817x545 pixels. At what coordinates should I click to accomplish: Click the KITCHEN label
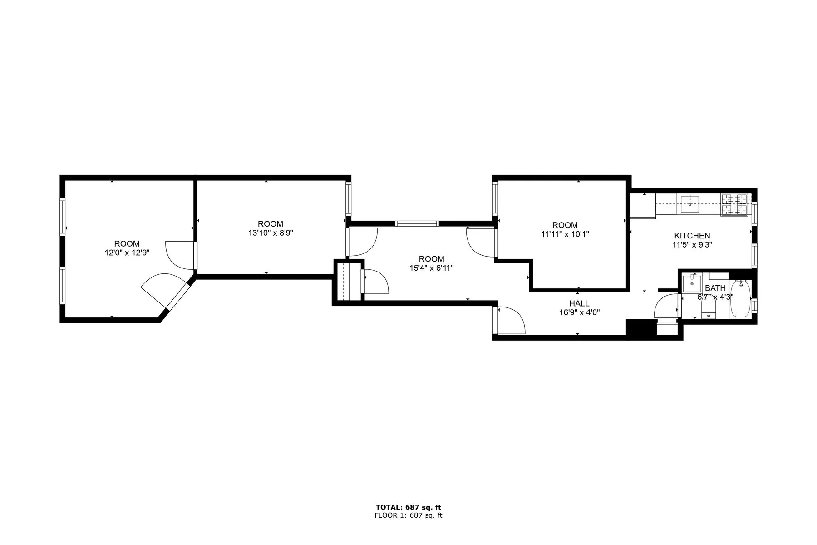pos(692,236)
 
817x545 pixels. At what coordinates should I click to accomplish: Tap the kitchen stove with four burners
pos(735,204)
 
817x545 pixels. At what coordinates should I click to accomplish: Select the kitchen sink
pos(690,202)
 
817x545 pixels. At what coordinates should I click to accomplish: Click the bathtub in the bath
pos(740,300)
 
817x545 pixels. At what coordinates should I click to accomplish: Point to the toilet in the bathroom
pos(709,310)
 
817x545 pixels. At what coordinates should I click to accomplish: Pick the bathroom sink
pos(692,283)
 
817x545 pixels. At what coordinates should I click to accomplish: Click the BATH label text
pos(715,288)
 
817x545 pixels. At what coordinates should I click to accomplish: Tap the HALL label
pos(579,303)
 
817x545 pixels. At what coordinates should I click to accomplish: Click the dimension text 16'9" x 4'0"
pos(579,312)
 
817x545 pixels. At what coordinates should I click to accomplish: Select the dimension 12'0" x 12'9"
pos(127,253)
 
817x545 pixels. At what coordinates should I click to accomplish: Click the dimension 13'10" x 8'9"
pos(271,233)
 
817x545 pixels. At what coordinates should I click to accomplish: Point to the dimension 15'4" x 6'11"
pos(431,268)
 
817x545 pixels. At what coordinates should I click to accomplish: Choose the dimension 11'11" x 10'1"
pos(565,234)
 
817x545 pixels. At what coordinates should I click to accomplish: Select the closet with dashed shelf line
pos(349,281)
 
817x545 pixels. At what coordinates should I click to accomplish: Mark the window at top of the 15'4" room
pos(417,223)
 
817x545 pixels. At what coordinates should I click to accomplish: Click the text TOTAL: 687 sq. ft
pos(408,507)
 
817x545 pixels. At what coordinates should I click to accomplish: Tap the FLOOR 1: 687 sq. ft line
pos(408,515)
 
